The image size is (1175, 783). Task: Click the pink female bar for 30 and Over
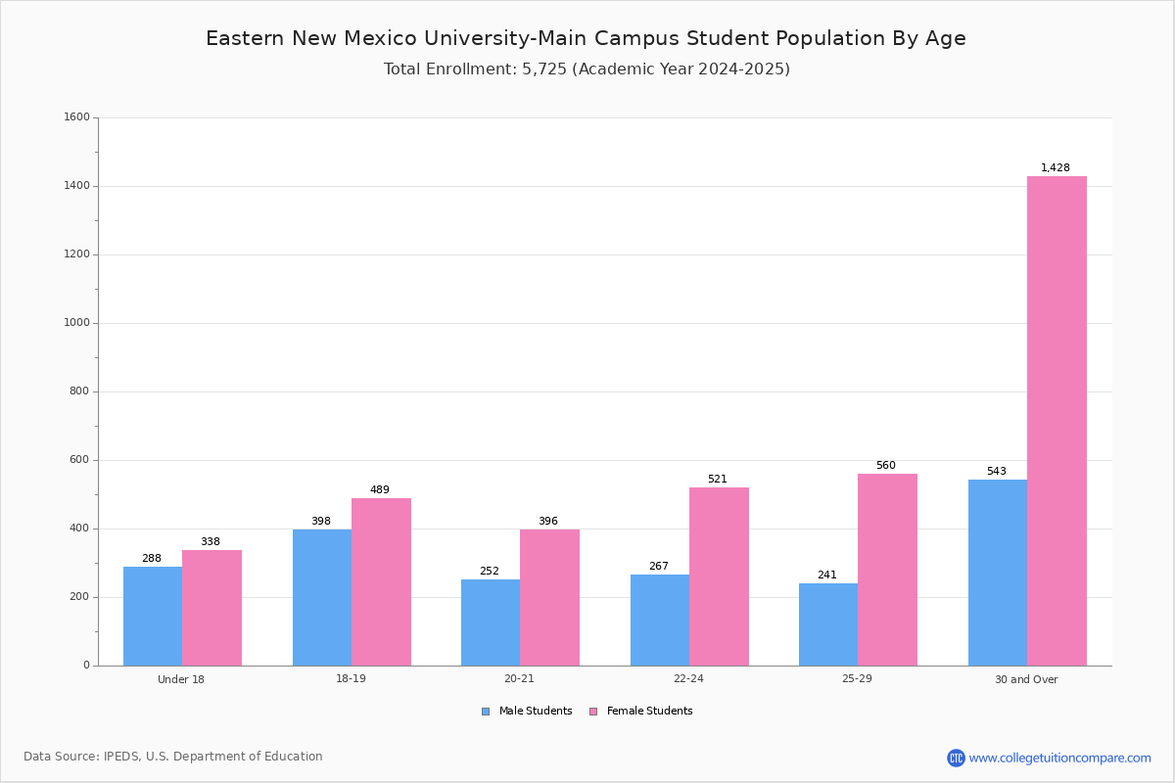[1057, 421]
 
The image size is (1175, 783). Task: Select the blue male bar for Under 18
[153, 616]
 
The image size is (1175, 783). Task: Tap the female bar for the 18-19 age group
[381, 581]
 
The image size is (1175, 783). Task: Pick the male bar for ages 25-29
[828, 624]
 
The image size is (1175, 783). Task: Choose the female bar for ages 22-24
[719, 576]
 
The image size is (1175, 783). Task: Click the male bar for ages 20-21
[491, 622]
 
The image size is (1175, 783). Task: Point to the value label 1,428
[1055, 167]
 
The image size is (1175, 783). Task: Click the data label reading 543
[996, 471]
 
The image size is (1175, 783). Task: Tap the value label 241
[826, 575]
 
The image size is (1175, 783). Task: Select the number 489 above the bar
[379, 489]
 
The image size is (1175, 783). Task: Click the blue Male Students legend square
[486, 712]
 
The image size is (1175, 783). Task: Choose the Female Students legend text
[649, 711]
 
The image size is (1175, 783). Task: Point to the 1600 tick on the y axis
[76, 116]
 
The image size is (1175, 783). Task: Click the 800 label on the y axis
[79, 391]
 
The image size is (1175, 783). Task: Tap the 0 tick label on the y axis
[86, 665]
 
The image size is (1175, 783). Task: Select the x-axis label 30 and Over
[1026, 679]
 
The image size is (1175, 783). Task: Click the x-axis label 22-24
[688, 678]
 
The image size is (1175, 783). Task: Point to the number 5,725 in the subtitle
[544, 69]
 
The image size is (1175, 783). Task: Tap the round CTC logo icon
[956, 758]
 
